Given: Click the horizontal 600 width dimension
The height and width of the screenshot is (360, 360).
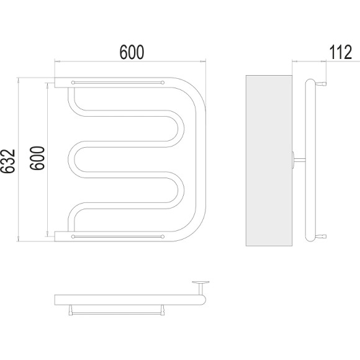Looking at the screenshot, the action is (132, 52).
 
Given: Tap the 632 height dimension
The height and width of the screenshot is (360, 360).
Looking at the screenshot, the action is (7, 161).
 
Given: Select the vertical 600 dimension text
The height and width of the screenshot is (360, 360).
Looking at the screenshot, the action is (37, 158).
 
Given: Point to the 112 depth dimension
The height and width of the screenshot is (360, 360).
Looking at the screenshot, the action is (341, 52).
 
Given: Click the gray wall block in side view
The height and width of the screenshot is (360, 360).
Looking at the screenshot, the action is (269, 161).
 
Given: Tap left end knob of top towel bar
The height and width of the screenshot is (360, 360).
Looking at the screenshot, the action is (73, 83).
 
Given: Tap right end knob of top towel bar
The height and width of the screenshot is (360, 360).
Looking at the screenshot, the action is (163, 83).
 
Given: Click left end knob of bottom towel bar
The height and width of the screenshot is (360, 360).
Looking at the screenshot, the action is (73, 236).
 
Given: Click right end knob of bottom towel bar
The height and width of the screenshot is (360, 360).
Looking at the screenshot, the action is (163, 236).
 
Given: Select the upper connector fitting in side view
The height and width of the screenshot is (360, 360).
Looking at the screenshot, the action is (321, 84).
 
